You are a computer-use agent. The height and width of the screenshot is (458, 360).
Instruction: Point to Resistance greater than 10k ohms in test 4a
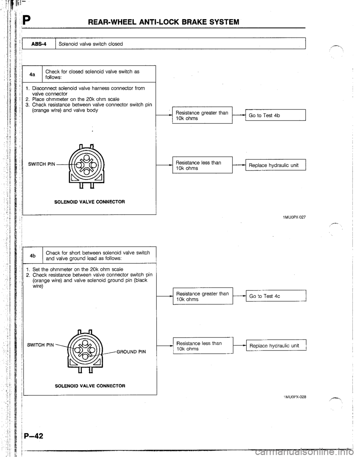pyautogui.click(x=201, y=115)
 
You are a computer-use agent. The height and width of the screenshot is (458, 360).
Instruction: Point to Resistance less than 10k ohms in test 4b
pyautogui.click(x=201, y=346)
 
